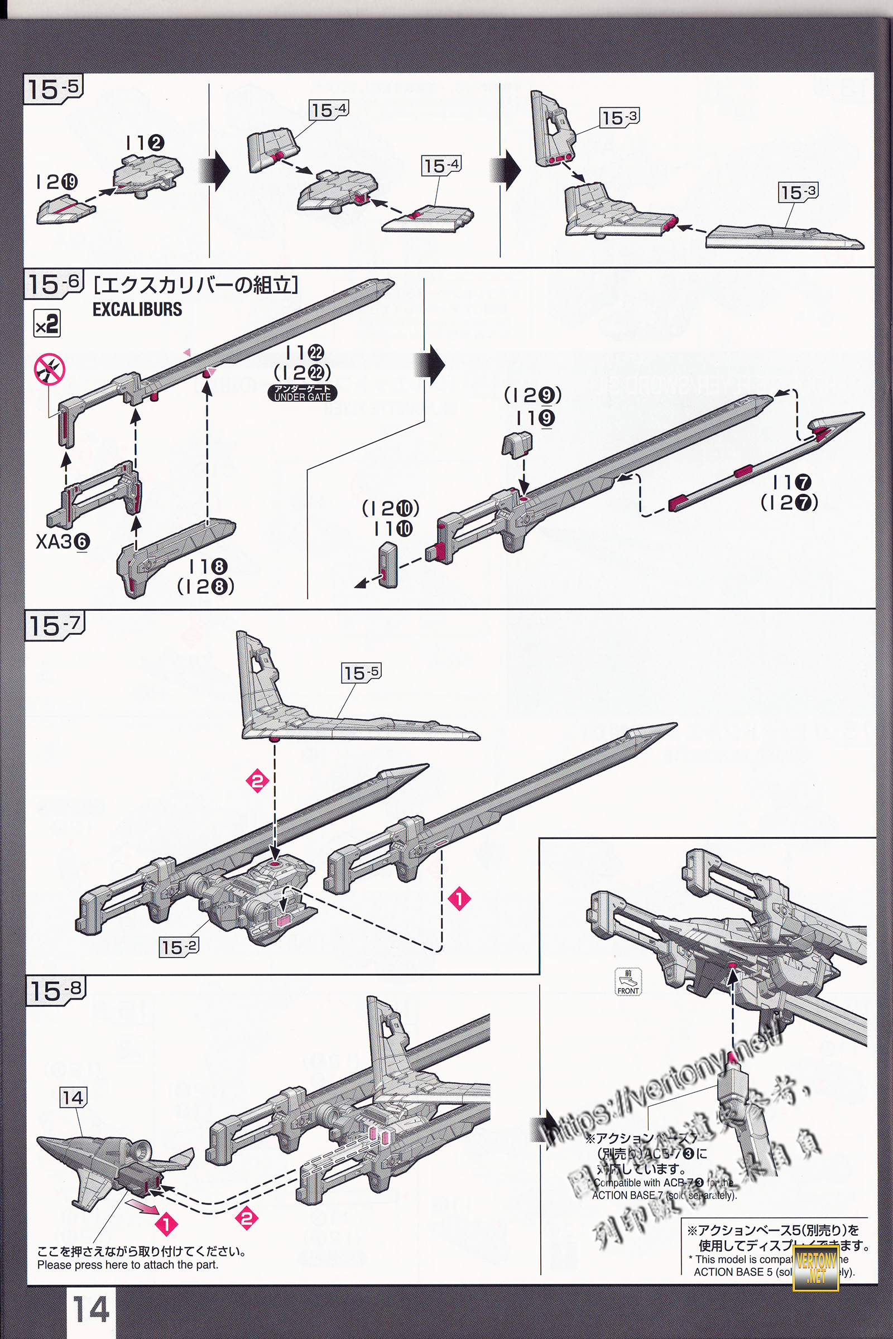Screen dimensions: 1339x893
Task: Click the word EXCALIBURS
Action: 137,309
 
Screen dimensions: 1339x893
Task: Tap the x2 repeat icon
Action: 47,324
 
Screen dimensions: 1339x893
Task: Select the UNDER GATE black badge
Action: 303,393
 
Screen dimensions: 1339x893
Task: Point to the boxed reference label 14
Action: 73,1097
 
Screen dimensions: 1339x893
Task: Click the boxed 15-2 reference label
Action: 179,947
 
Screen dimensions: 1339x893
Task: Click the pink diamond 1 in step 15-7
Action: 459,899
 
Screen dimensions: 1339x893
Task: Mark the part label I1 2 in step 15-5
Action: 145,143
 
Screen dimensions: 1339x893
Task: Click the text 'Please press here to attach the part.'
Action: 128,1265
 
